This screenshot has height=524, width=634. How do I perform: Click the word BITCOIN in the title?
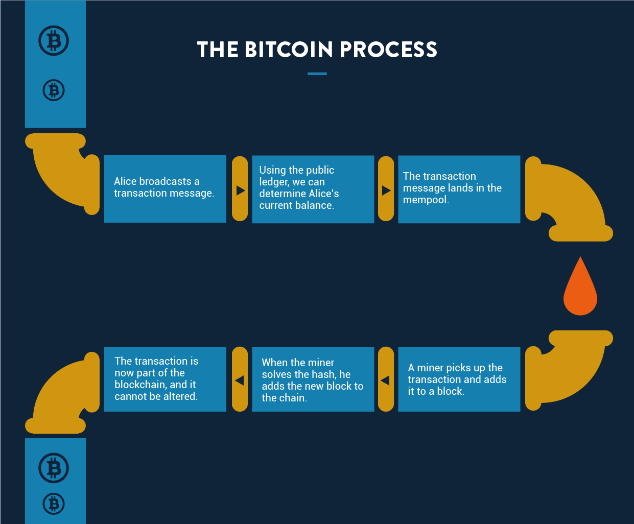pyautogui.click(x=289, y=50)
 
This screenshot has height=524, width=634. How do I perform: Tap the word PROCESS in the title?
pyautogui.click(x=388, y=50)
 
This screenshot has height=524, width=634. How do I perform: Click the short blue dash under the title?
pyautogui.click(x=317, y=74)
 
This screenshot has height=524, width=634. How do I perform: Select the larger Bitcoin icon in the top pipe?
pyautogui.click(x=54, y=40)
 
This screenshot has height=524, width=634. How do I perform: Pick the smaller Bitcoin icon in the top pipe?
pyautogui.click(x=54, y=90)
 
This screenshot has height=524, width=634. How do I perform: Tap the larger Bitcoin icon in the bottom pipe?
pyautogui.click(x=54, y=468)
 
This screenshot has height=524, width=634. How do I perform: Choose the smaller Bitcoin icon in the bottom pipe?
pyautogui.click(x=54, y=504)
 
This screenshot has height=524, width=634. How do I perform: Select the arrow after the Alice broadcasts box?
pyautogui.click(x=241, y=190)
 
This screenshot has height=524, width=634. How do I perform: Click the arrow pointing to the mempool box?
pyautogui.click(x=386, y=190)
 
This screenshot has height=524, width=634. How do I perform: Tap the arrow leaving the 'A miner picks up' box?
pyautogui.click(x=385, y=380)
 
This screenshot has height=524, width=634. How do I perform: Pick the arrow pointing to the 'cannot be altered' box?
pyautogui.click(x=239, y=380)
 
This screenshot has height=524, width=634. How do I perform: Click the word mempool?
pyautogui.click(x=425, y=200)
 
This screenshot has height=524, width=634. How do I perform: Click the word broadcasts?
pyautogui.click(x=165, y=181)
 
